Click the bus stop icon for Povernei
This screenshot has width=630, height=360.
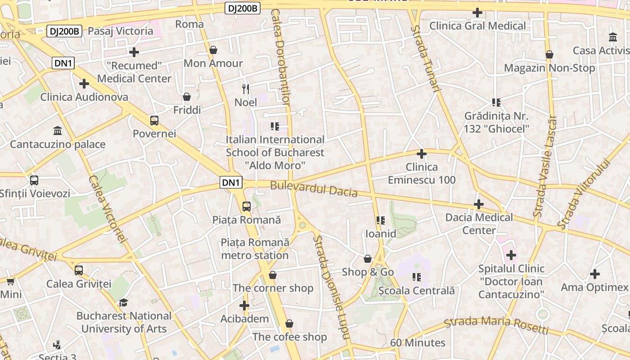154,121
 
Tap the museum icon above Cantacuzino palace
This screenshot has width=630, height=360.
58,131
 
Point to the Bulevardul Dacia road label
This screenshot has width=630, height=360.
314,189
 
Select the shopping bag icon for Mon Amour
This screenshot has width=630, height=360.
213,50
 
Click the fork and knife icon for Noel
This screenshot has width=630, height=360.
246,89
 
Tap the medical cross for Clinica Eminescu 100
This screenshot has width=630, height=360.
422,154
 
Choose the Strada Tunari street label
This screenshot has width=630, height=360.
424,58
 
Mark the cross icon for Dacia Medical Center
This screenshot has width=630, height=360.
479,205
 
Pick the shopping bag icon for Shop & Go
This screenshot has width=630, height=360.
368,259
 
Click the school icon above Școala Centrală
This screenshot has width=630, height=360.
417,277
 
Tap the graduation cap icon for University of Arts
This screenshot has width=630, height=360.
123,303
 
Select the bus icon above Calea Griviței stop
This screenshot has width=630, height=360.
79,270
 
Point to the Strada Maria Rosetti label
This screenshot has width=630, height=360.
496,325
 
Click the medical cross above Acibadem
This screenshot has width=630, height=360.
244,306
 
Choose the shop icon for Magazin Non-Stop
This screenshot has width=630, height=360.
549,55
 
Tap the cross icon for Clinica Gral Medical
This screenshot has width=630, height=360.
477,13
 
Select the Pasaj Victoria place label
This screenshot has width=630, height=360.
121,31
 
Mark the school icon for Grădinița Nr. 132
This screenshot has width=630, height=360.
496,103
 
